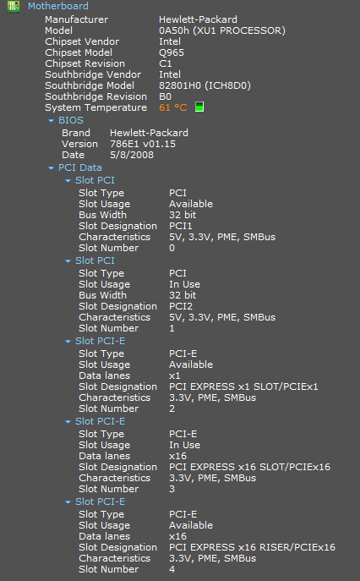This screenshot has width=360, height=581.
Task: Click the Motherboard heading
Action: click(58, 6)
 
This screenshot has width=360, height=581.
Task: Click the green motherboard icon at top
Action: click(14, 6)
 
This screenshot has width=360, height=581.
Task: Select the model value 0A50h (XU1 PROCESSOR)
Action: click(222, 30)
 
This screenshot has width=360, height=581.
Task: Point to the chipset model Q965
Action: click(172, 52)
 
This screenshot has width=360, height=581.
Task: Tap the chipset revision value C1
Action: click(165, 63)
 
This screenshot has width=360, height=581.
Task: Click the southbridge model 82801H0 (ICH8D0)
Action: click(205, 85)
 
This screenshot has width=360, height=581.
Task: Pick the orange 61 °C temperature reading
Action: click(173, 107)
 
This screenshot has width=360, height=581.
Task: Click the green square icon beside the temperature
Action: click(199, 107)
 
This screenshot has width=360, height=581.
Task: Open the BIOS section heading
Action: click(71, 120)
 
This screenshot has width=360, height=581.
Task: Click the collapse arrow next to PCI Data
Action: click(51, 168)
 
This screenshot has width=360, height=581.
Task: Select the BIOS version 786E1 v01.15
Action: click(143, 144)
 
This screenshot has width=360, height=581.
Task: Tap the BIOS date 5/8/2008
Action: click(132, 155)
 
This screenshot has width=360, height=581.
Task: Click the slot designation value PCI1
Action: click(181, 226)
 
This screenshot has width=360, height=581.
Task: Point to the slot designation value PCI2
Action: click(181, 306)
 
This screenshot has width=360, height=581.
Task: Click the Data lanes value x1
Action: click(175, 375)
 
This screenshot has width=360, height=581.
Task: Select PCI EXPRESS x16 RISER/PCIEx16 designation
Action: click(252, 547)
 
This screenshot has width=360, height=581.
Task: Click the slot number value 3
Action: click(172, 489)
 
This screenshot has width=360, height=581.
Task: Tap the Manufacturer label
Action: click(77, 19)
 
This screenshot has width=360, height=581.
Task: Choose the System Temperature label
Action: click(96, 107)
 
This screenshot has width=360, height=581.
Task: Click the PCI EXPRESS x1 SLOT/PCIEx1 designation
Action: click(243, 386)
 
